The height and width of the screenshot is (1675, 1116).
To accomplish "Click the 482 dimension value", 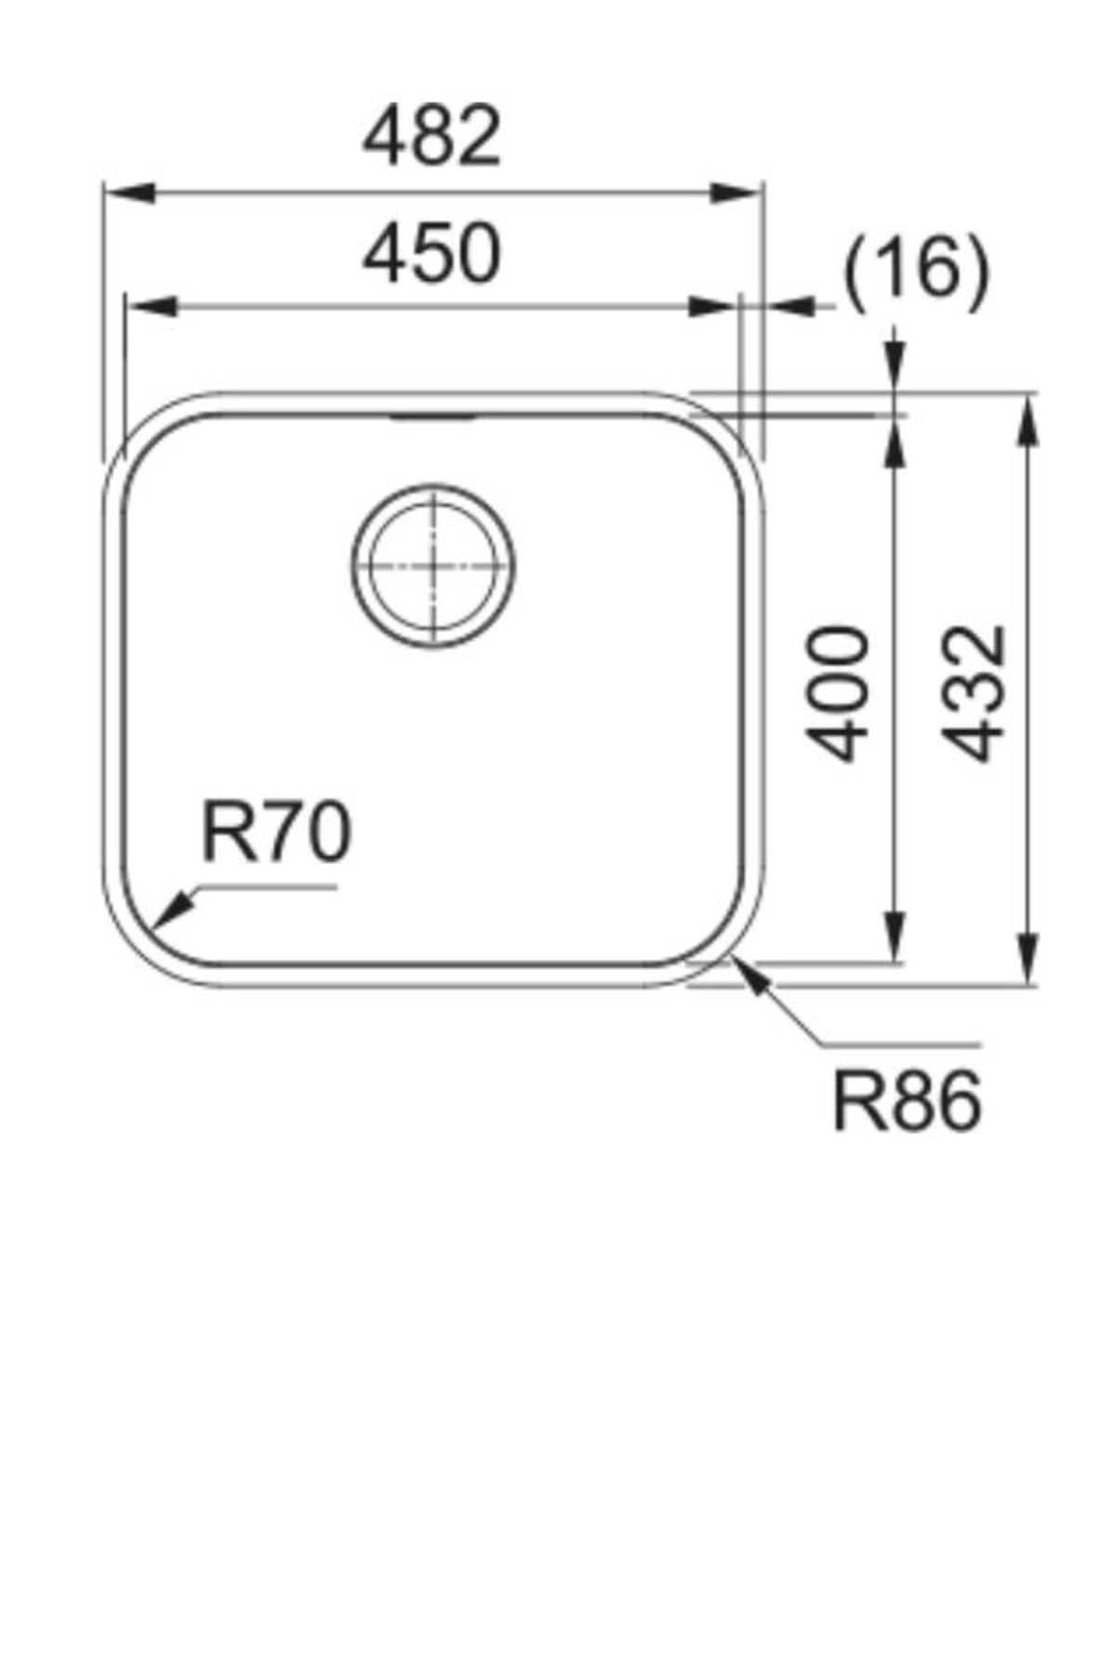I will click(x=432, y=138).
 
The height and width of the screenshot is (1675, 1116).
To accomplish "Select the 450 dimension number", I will click(x=432, y=253).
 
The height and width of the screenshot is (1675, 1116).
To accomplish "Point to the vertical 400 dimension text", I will click(x=838, y=693).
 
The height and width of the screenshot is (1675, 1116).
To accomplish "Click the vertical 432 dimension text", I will click(x=973, y=693).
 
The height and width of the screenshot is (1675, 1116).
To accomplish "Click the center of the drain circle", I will click(x=433, y=566).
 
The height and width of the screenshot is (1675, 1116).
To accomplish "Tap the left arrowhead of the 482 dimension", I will click(x=126, y=194).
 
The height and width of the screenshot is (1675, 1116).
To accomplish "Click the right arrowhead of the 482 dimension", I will click(x=739, y=194).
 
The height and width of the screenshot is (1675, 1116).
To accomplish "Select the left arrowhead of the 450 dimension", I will click(x=149, y=305).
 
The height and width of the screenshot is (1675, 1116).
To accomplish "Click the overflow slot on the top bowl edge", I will click(x=433, y=418).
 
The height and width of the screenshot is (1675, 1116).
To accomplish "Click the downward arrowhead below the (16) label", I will click(x=895, y=363).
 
